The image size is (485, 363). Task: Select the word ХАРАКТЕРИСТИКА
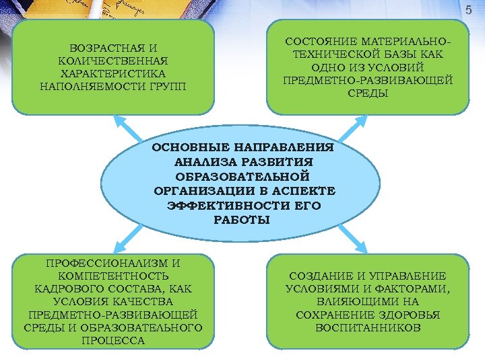(x=113, y=74)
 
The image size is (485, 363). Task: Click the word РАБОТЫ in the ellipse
(x=241, y=220)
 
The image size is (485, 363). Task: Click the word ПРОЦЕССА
(x=114, y=340)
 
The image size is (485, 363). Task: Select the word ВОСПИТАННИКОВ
(x=368, y=327)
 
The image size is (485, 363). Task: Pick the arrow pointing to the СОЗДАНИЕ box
(x=350, y=237)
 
